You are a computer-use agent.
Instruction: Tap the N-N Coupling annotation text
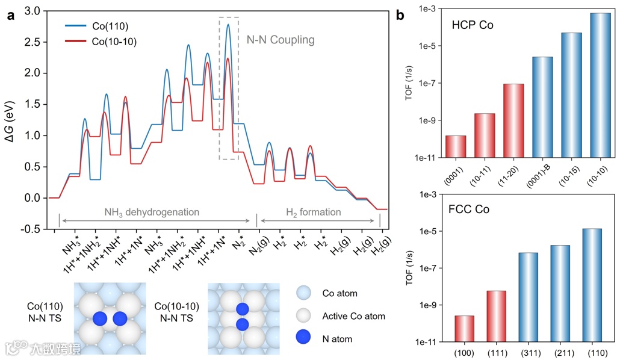(x=281, y=40)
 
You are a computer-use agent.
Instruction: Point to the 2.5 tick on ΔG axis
(x=38, y=42)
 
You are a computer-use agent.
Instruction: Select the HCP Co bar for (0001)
(x=456, y=146)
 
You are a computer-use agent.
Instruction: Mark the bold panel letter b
(x=400, y=16)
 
